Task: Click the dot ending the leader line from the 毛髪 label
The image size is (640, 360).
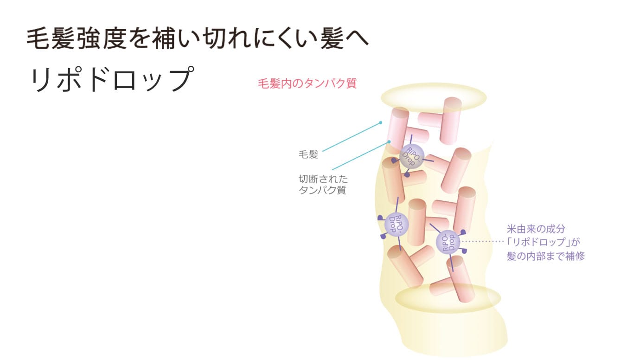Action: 381,122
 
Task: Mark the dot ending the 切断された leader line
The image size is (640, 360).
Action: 389,141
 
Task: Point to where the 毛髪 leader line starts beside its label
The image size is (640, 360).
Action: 323,151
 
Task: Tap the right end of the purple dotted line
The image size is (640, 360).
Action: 503,242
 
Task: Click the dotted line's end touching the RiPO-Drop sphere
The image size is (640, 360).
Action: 461,242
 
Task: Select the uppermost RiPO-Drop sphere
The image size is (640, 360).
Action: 412,156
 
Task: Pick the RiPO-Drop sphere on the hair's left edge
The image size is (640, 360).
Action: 396,225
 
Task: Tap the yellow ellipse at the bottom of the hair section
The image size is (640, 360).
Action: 448,298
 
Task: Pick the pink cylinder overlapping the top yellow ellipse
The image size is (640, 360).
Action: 451,121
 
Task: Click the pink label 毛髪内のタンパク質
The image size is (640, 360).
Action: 307,84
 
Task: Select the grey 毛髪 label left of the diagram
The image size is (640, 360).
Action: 308,154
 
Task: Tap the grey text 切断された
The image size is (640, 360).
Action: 323,179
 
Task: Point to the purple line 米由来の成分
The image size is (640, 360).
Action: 536,229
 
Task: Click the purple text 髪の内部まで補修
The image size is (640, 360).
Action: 546,256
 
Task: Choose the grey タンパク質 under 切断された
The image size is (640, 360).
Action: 322,190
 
